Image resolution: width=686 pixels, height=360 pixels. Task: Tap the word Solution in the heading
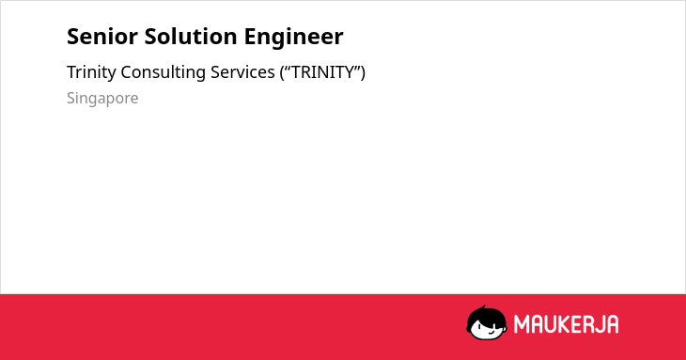pyautogui.click(x=191, y=37)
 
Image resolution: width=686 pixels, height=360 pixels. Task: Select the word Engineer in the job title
pyautogui.click(x=293, y=37)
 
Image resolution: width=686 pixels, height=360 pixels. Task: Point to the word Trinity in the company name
pyautogui.click(x=91, y=72)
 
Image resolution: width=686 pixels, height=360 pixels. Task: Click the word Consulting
pyautogui.click(x=164, y=72)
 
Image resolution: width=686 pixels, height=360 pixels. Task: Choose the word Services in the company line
pyautogui.click(x=242, y=72)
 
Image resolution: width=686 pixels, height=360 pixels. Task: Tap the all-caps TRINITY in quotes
pyautogui.click(x=323, y=72)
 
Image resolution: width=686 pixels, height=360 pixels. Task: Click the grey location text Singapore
pyautogui.click(x=102, y=99)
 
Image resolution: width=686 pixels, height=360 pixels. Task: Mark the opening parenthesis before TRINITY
pyautogui.click(x=283, y=72)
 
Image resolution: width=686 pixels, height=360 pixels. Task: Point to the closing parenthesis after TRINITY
pyautogui.click(x=363, y=72)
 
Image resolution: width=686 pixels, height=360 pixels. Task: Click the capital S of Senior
pyautogui.click(x=73, y=37)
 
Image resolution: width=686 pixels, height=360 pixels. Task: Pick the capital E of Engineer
pyautogui.click(x=250, y=37)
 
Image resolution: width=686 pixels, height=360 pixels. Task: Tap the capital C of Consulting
pyautogui.click(x=127, y=72)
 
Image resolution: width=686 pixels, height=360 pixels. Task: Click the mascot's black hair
pyautogui.click(x=485, y=316)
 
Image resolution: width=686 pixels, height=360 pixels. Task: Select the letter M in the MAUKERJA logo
pyautogui.click(x=522, y=324)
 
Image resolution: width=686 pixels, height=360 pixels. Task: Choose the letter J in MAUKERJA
pyautogui.click(x=600, y=324)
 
